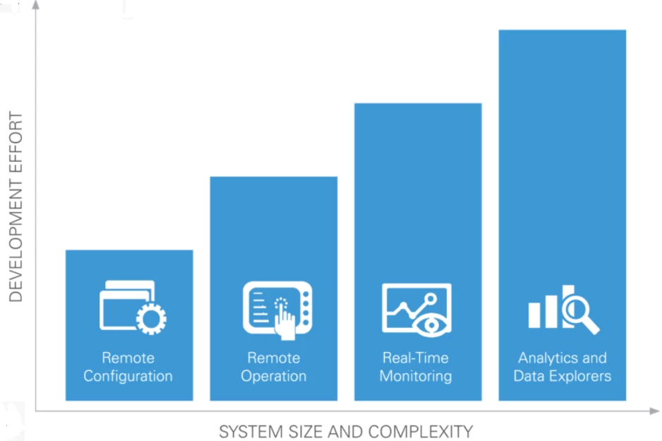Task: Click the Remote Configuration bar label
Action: (128, 367)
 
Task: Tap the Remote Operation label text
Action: (274, 367)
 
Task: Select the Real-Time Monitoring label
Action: (416, 367)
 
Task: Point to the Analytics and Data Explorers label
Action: (562, 367)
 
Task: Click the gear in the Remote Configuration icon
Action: (152, 319)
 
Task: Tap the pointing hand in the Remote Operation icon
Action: (284, 322)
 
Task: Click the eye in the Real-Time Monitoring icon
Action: (431, 325)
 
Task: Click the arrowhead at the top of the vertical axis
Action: (36, 5)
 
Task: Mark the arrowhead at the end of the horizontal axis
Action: (654, 411)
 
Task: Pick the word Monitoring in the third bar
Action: (416, 376)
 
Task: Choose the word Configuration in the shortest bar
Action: (128, 376)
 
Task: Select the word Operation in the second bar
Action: (274, 377)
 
